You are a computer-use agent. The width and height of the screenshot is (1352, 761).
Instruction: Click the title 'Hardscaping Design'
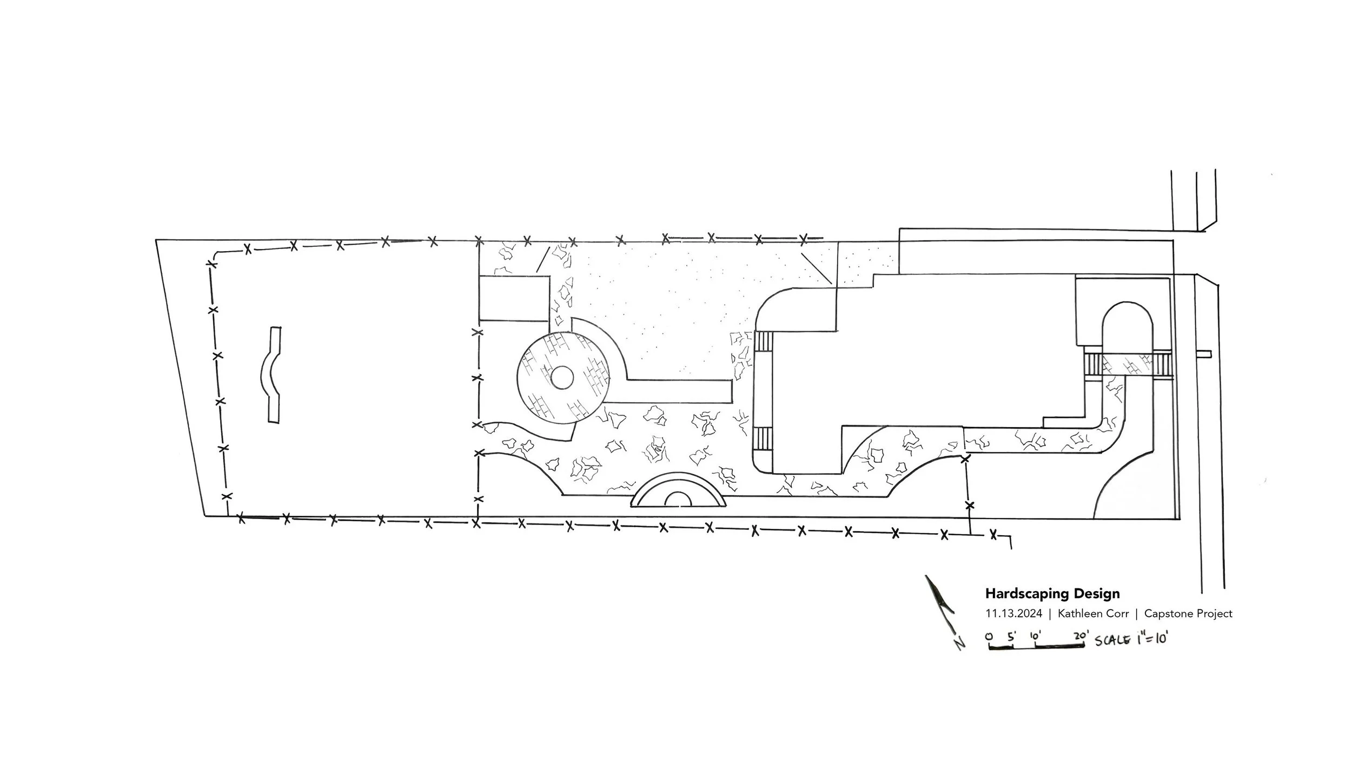(x=1052, y=594)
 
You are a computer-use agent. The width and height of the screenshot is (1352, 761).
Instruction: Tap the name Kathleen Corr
(x=1093, y=614)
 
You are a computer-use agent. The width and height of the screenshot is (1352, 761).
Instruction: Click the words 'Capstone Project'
(x=1188, y=614)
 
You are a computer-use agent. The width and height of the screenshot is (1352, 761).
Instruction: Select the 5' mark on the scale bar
(x=1011, y=637)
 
